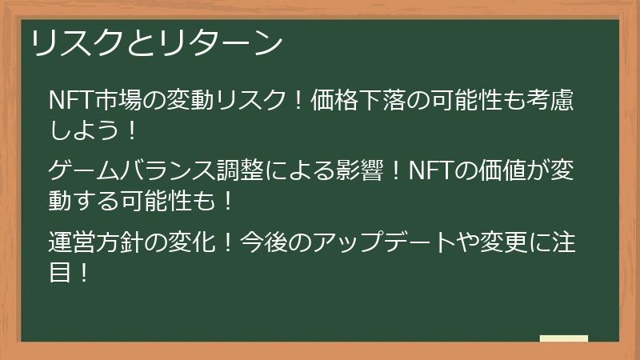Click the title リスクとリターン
(157, 43)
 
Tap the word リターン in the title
(220, 43)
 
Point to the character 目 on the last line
(60, 272)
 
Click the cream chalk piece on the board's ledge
(564, 338)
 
